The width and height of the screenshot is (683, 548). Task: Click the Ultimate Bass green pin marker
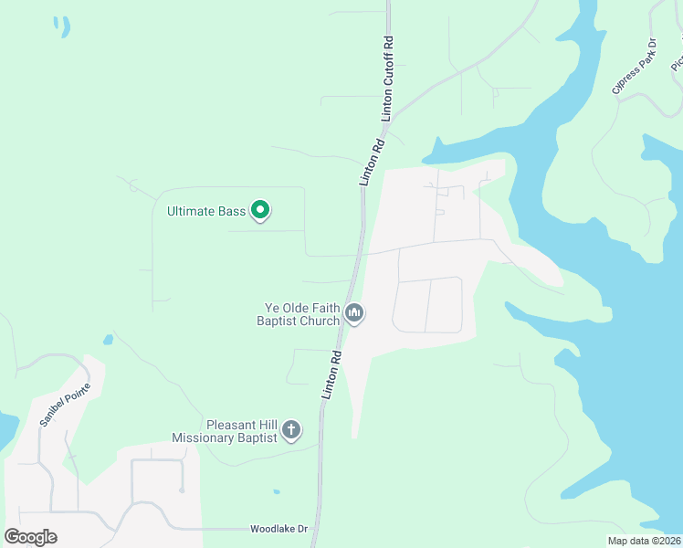(x=260, y=211)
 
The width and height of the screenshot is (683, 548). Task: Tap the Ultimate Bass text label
(x=205, y=212)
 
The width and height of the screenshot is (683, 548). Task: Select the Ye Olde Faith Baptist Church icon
(x=354, y=315)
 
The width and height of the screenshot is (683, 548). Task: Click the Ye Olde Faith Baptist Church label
(x=297, y=314)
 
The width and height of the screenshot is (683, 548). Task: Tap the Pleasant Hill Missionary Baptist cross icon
(x=291, y=430)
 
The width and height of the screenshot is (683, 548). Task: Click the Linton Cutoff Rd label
(x=389, y=79)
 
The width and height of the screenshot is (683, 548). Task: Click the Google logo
(x=30, y=537)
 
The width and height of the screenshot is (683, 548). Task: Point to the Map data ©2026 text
(x=643, y=541)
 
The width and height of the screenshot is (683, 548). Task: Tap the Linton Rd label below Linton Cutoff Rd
(x=372, y=162)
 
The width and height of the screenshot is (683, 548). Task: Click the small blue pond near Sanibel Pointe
(x=108, y=340)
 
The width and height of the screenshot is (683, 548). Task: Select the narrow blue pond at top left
(x=62, y=26)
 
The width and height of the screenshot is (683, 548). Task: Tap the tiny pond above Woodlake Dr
(x=276, y=493)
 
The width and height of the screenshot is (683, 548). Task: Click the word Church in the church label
(x=320, y=321)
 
